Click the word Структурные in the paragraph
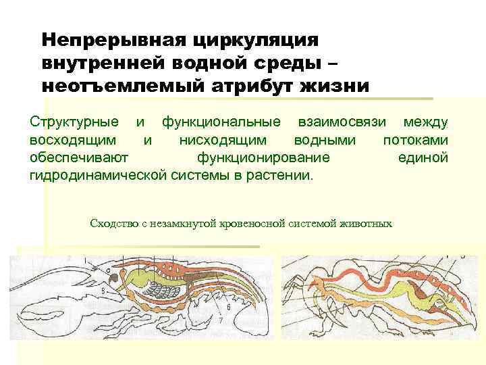[x=75, y=122]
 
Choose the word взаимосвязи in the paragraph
[x=338, y=122]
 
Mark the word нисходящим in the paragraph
[x=222, y=140]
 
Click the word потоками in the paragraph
[x=415, y=140]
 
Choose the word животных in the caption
[x=369, y=223]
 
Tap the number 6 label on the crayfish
[x=228, y=306]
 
